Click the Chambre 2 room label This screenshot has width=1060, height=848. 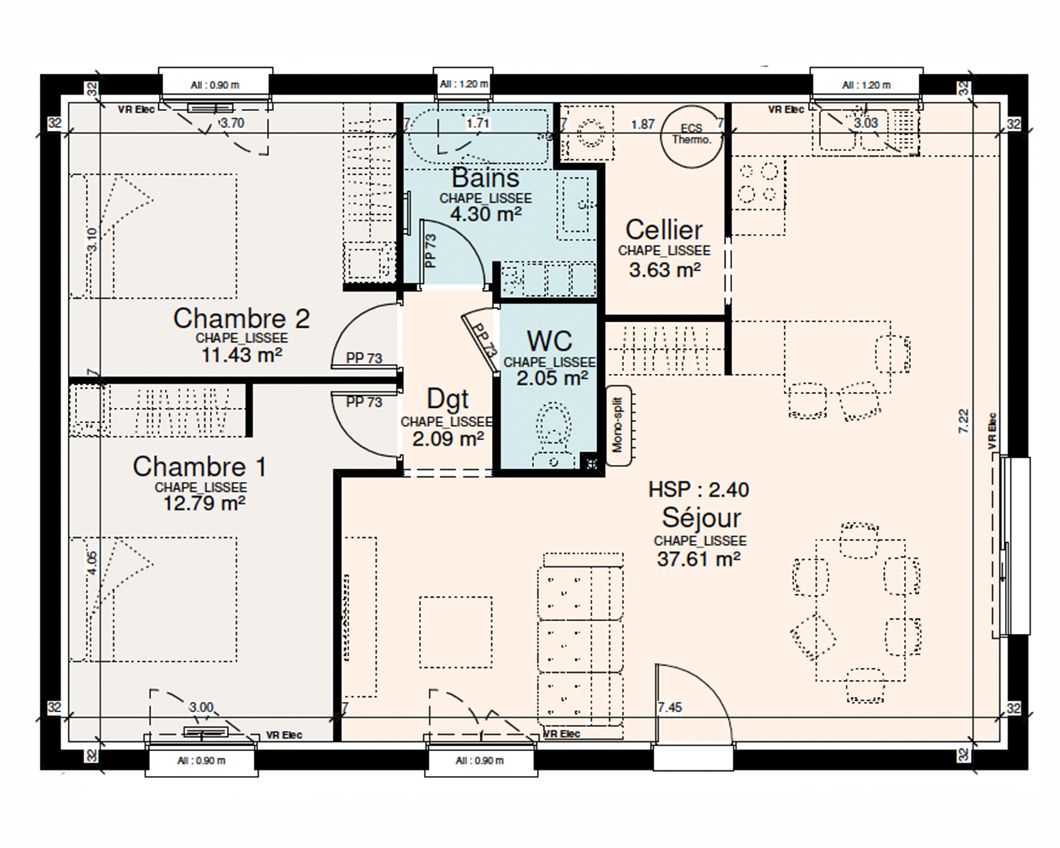pyautogui.click(x=242, y=319)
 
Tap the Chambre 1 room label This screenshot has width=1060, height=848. pyautogui.click(x=199, y=466)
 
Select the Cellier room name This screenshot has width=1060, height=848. pyautogui.click(x=664, y=230)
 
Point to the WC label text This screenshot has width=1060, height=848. pyautogui.click(x=549, y=341)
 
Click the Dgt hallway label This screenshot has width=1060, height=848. pyautogui.click(x=447, y=399)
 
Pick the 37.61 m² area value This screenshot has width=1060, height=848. pyautogui.click(x=699, y=559)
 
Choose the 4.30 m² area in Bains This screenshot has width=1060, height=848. pyautogui.click(x=485, y=214)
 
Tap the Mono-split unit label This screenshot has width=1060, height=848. pyautogui.click(x=618, y=425)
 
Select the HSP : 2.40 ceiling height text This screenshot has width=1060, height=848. pyautogui.click(x=698, y=489)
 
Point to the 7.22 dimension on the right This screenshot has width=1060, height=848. pyautogui.click(x=963, y=421)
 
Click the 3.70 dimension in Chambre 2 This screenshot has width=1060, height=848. pyautogui.click(x=232, y=123)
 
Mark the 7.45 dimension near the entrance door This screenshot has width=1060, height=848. pyautogui.click(x=670, y=707)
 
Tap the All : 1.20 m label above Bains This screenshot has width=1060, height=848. pyautogui.click(x=464, y=84)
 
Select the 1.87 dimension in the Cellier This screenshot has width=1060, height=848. pyautogui.click(x=643, y=124)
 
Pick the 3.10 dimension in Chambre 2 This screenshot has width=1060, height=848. pyautogui.click(x=92, y=240)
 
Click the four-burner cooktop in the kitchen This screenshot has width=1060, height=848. pyautogui.click(x=758, y=183)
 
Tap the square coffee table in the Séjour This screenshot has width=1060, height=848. pyautogui.click(x=456, y=632)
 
